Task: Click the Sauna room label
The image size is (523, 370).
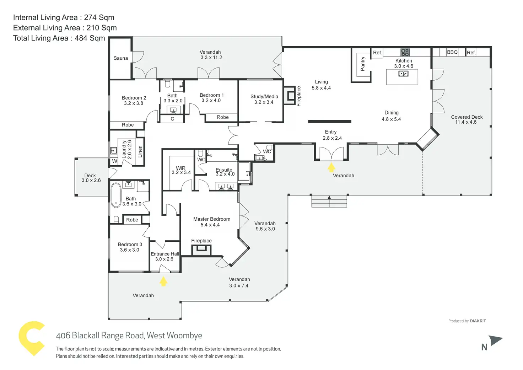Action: pyautogui.click(x=120, y=58)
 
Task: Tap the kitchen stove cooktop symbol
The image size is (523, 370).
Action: pyautogui.click(x=405, y=52)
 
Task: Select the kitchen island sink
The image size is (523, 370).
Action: pyautogui.click(x=403, y=74)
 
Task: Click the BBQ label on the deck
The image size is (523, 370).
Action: pyautogui.click(x=452, y=52)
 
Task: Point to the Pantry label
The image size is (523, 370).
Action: pyautogui.click(x=363, y=64)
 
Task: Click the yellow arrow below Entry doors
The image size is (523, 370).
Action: pyautogui.click(x=331, y=167)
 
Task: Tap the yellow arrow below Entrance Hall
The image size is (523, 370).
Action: pyautogui.click(x=163, y=281)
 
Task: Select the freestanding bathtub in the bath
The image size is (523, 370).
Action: pyautogui.click(x=116, y=195)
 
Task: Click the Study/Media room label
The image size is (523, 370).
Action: pyautogui.click(x=264, y=96)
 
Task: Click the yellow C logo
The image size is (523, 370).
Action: pyautogui.click(x=31, y=338)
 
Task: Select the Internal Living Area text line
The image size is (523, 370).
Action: pyautogui.click(x=64, y=17)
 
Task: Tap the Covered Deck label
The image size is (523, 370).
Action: pyautogui.click(x=467, y=117)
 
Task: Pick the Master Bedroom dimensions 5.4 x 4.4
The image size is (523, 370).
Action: pyautogui.click(x=210, y=225)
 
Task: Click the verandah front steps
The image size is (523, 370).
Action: pyautogui.click(x=329, y=201)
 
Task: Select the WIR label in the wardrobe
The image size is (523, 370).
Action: pyautogui.click(x=180, y=168)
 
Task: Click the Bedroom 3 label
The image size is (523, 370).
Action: pyautogui.click(x=130, y=245)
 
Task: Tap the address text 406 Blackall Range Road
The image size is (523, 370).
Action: pyautogui.click(x=129, y=336)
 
